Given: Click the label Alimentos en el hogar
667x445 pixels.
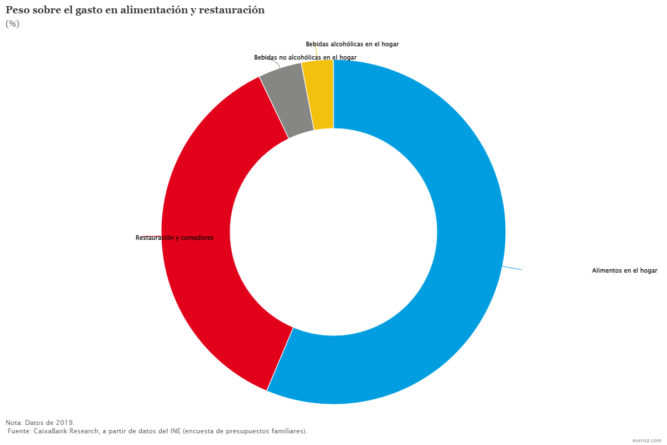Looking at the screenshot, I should (x=624, y=271).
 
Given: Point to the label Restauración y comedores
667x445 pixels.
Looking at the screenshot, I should (x=175, y=238).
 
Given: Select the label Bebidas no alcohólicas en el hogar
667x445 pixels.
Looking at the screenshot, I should (x=305, y=57).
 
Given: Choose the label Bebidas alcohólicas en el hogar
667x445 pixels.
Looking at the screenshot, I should (x=352, y=44).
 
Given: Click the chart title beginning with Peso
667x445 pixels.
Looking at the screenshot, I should (x=135, y=11).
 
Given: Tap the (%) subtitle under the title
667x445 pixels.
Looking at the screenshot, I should (x=12, y=24).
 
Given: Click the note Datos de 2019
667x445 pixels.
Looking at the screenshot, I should (x=40, y=423).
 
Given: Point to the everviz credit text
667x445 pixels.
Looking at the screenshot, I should (x=647, y=440).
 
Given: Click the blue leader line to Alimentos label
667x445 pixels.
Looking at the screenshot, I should (x=512, y=268).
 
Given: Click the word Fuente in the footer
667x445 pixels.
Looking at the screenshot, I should (x=19, y=431).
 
